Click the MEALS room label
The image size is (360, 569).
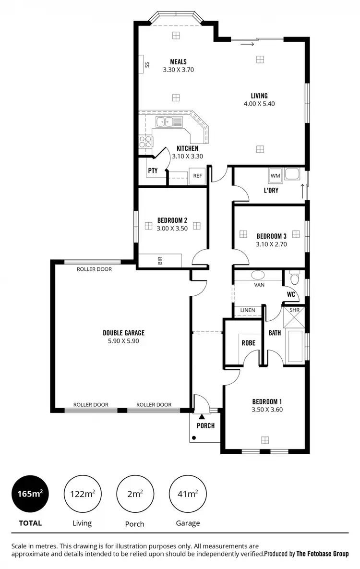178,61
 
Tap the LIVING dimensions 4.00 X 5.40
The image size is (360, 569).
259,103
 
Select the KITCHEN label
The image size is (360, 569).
187,148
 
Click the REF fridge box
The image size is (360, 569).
197,176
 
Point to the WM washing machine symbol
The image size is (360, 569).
275,175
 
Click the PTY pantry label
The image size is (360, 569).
153,170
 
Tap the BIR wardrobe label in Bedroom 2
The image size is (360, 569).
160,261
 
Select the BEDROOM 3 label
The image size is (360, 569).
271,236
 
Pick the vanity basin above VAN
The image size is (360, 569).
258,276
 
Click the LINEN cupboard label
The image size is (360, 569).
248,310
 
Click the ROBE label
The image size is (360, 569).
248,343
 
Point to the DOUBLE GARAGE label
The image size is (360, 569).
123,333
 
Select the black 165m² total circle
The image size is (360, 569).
30,494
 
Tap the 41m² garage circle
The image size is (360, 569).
187,494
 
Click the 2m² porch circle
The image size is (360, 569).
134,494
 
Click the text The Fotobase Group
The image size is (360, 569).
322,554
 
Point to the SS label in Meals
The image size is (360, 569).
147,65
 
